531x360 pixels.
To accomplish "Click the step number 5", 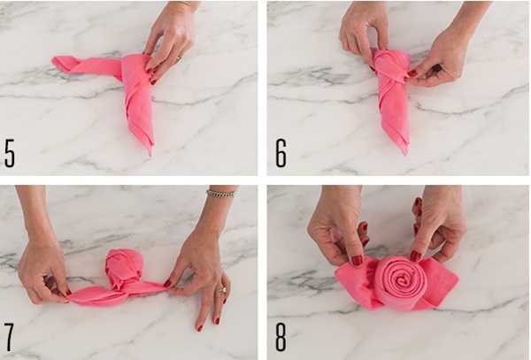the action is pyautogui.click(x=10, y=153).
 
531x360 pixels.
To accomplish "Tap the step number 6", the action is pyautogui.click(x=281, y=153).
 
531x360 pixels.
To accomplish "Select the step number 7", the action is pyautogui.click(x=9, y=337).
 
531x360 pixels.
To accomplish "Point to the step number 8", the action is pyautogui.click(x=281, y=337).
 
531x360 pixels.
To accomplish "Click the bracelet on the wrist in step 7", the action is pyautogui.click(x=220, y=194).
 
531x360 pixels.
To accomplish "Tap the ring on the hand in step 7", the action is pyautogui.click(x=223, y=290).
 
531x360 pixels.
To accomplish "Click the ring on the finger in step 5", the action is pyautogui.click(x=179, y=60).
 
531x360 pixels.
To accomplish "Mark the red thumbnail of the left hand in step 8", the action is pyautogui.click(x=357, y=260).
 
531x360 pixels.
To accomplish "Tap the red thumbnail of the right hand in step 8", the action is pyautogui.click(x=416, y=257).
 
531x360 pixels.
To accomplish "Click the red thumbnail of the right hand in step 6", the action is pyautogui.click(x=412, y=73).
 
